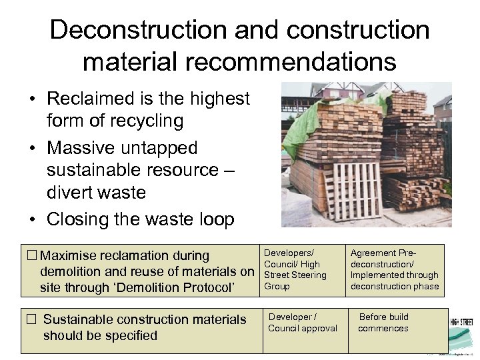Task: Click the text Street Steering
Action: click(295, 275)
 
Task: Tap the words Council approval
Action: click(302, 328)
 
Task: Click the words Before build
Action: click(383, 317)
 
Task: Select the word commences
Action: click(383, 328)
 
